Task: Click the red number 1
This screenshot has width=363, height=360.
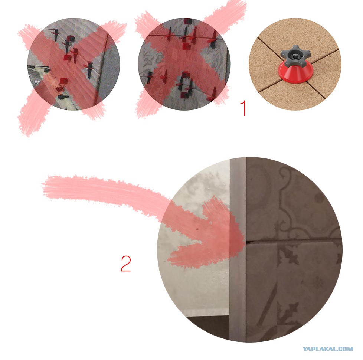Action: click(243, 108)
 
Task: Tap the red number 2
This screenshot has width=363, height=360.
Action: click(126, 264)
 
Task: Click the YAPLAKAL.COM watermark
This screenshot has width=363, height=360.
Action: click(328, 349)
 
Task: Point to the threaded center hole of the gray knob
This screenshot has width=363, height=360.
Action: click(294, 56)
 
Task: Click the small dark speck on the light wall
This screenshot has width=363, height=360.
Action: click(197, 229)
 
